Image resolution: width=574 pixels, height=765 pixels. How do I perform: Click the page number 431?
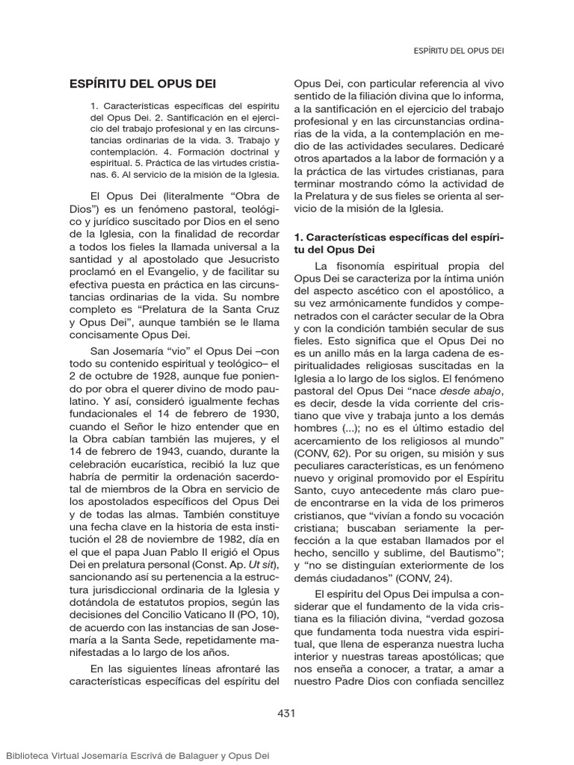[x=286, y=713]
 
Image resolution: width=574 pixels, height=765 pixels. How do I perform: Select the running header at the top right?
[x=458, y=51]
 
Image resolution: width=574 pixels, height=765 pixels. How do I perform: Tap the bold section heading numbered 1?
[x=399, y=243]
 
